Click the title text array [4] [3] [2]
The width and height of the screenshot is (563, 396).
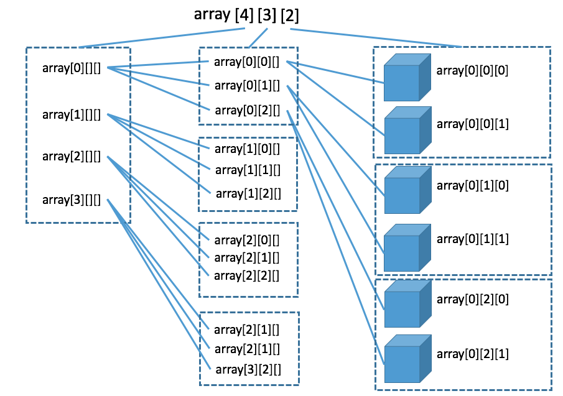(250, 14)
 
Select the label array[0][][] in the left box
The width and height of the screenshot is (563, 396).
(72, 67)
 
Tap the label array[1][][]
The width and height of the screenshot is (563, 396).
(72, 114)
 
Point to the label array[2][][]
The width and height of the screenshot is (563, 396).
(72, 156)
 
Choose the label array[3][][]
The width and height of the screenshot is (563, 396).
(72, 200)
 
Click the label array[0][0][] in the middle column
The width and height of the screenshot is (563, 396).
(247, 62)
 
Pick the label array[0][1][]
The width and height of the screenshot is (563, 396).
(247, 85)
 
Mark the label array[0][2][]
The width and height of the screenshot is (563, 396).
(247, 110)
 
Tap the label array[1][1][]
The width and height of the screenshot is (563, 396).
(247, 170)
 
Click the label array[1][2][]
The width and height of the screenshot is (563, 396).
(247, 193)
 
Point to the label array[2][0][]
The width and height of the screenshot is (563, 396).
(247, 239)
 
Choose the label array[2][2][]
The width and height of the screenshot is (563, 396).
(247, 274)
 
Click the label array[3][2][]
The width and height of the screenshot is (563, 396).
(247, 369)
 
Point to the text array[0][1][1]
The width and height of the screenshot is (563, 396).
(473, 239)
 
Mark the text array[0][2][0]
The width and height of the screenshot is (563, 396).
(473, 299)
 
